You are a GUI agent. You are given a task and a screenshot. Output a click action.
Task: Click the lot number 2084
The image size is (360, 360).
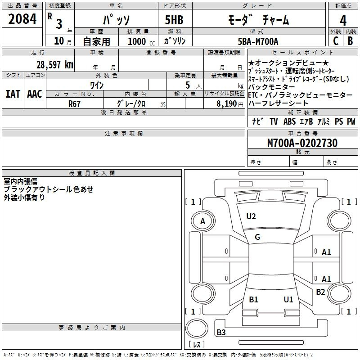(22, 19)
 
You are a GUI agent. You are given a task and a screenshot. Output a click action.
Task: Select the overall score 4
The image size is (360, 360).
(343, 20)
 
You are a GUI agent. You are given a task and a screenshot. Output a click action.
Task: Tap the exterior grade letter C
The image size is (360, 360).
(336, 41)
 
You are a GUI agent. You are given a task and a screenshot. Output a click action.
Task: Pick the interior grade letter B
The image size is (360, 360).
(350, 41)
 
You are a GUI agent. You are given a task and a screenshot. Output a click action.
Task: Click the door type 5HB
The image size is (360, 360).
(174, 20)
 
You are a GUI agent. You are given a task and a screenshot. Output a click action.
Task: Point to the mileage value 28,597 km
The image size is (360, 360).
(55, 65)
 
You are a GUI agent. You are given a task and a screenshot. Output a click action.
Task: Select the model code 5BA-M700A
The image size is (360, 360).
(258, 41)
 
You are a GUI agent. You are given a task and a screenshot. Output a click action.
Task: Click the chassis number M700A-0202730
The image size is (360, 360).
(302, 143)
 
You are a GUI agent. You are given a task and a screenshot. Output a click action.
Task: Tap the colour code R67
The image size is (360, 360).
(74, 104)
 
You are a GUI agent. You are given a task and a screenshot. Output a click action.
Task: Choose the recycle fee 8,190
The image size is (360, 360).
(227, 104)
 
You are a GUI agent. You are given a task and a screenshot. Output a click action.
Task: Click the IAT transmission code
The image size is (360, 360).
(13, 94)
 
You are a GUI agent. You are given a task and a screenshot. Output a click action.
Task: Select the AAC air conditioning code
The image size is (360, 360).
(35, 94)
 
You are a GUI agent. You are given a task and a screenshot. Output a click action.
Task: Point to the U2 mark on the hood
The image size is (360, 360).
(251, 216)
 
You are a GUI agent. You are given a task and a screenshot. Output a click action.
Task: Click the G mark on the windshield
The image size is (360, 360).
(257, 237)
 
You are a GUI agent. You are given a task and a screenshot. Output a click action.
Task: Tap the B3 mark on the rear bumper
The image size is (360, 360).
(221, 332)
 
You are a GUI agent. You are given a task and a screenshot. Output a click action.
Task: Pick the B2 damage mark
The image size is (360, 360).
(320, 292)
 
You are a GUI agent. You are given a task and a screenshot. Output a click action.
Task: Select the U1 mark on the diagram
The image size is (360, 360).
(288, 299)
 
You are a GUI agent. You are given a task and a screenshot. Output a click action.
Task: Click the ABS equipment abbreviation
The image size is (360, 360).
(289, 121)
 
